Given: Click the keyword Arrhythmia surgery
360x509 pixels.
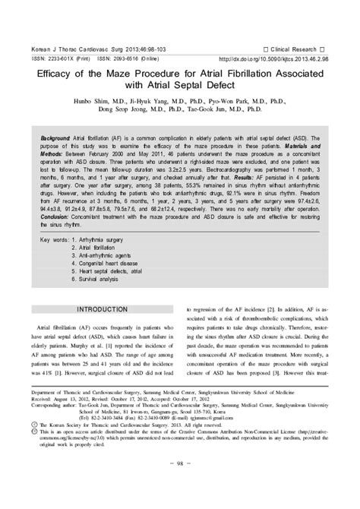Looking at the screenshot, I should point(103,262).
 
